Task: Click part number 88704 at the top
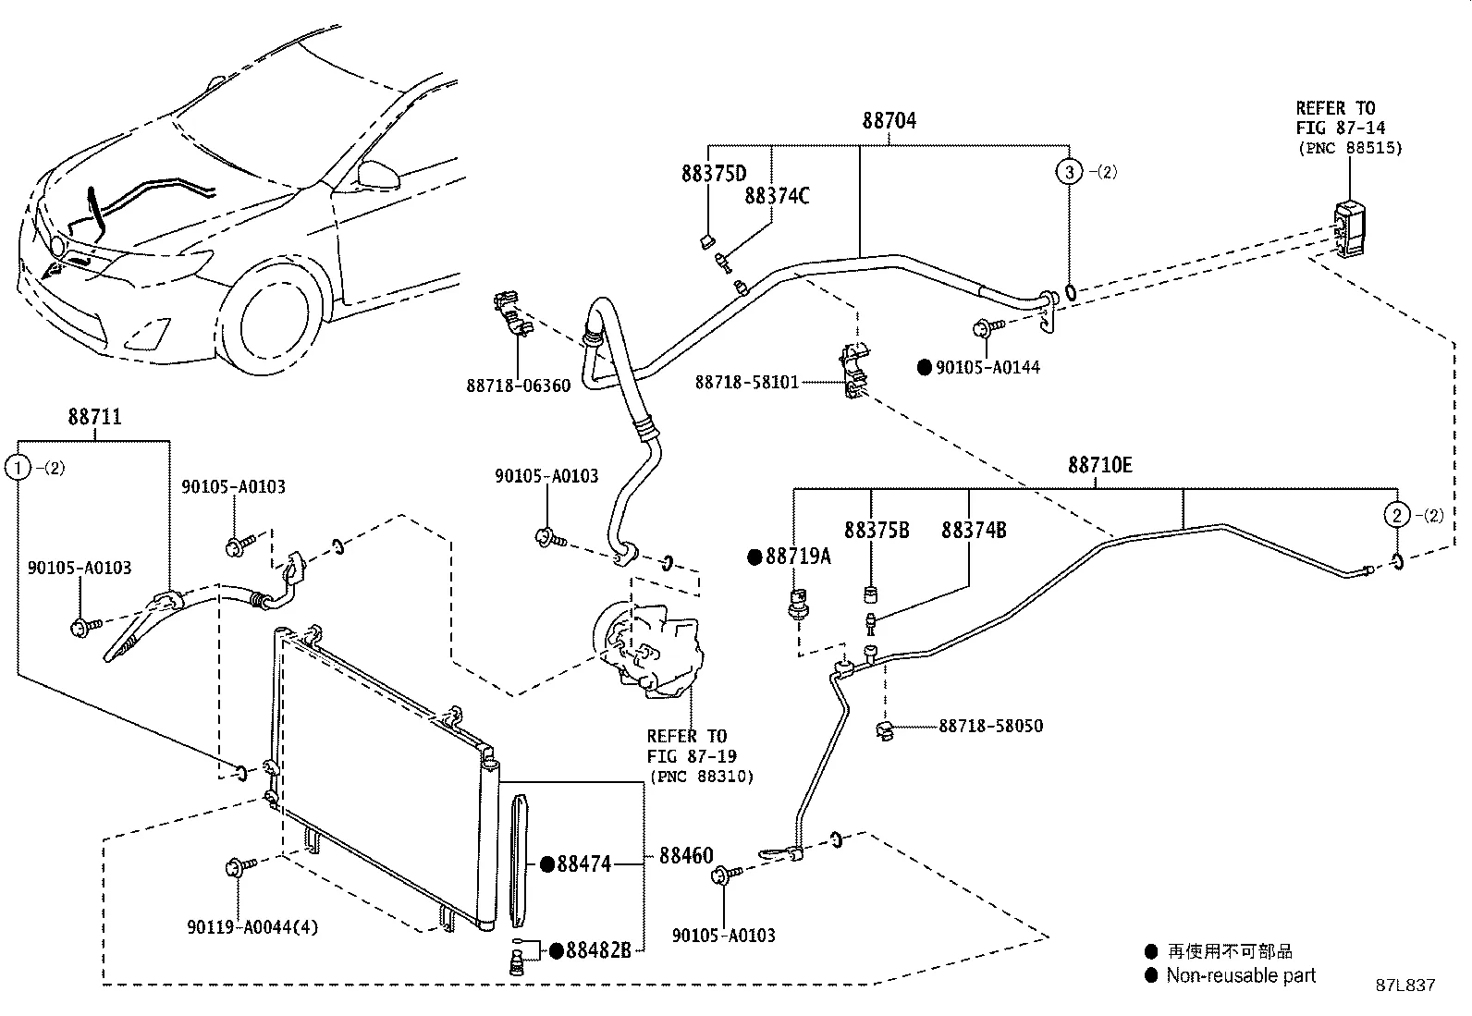pyautogui.click(x=889, y=121)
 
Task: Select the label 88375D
pyautogui.click(x=714, y=174)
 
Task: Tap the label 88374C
pyautogui.click(x=777, y=196)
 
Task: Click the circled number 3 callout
pyautogui.click(x=1069, y=172)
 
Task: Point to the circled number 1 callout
pyautogui.click(x=18, y=468)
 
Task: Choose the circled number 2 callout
pyautogui.click(x=1396, y=515)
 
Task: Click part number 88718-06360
pyautogui.click(x=518, y=386)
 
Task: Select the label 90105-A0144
pyautogui.click(x=987, y=367)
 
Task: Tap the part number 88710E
pyautogui.click(x=1099, y=465)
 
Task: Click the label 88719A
pyautogui.click(x=797, y=557)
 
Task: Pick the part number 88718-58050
pyautogui.click(x=990, y=726)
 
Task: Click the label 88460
pyautogui.click(x=686, y=856)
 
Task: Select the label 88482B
pyautogui.click(x=597, y=950)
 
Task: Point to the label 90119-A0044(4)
pyautogui.click(x=251, y=926)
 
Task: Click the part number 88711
pyautogui.click(x=94, y=417)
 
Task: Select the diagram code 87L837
pyautogui.click(x=1405, y=985)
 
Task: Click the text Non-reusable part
pyautogui.click(x=1240, y=975)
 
